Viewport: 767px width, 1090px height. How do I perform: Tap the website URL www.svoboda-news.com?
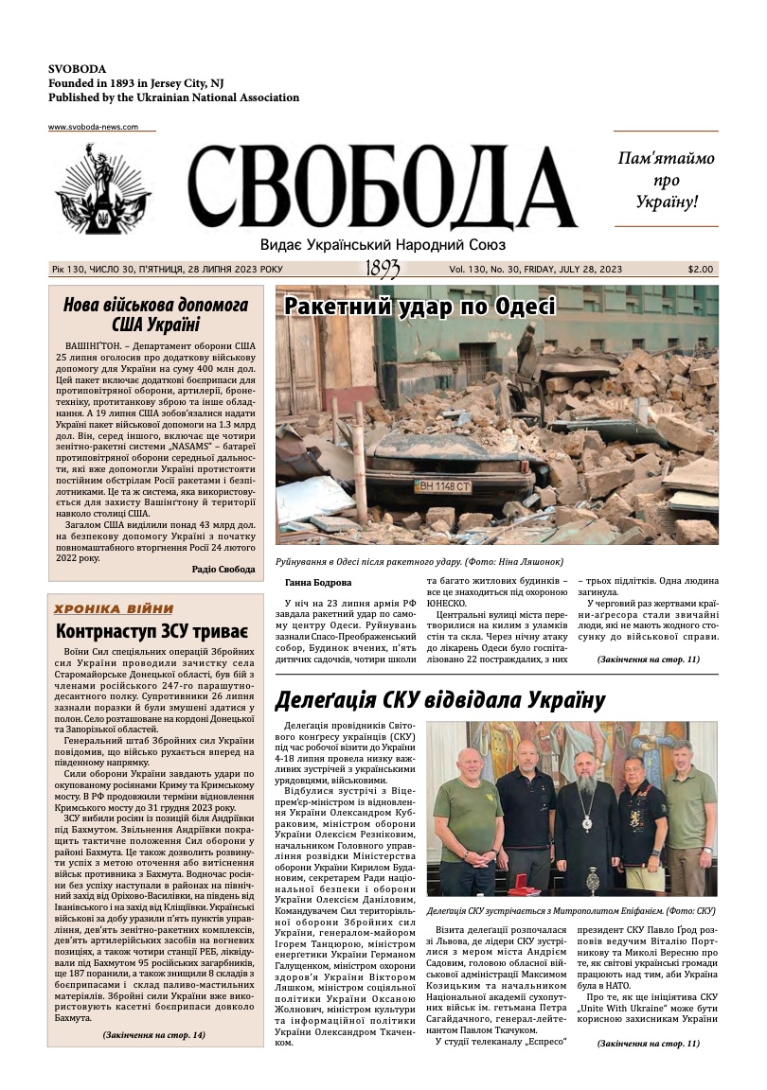pyautogui.click(x=93, y=127)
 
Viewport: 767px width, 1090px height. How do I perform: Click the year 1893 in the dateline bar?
pyautogui.click(x=383, y=270)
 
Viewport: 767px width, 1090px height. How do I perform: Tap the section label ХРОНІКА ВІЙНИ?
pyautogui.click(x=115, y=608)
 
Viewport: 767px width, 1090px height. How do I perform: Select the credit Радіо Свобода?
pyautogui.click(x=223, y=570)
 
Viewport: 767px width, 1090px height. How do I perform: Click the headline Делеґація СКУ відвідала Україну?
pyautogui.click(x=438, y=700)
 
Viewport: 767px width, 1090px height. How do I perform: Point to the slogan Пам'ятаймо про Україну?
pyautogui.click(x=666, y=179)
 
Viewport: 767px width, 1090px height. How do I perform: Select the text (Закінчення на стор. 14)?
pyautogui.click(x=153, y=1035)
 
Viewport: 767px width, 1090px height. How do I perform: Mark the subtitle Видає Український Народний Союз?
pyautogui.click(x=383, y=245)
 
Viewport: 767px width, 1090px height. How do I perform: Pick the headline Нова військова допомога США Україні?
pyautogui.click(x=155, y=315)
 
